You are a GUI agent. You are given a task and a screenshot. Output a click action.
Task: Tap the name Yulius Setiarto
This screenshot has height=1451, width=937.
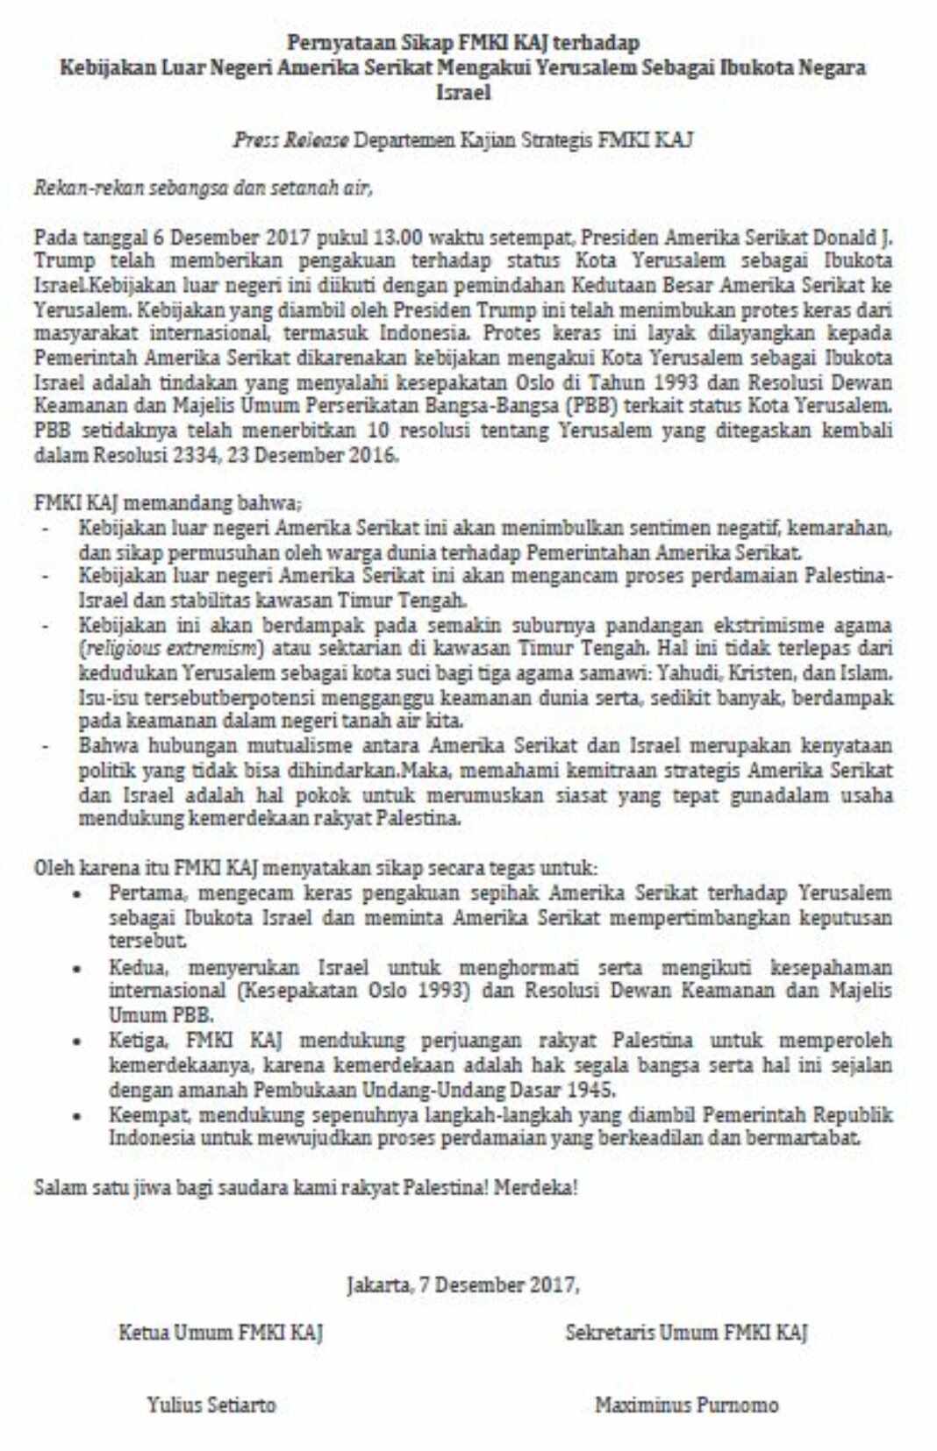tap(211, 1405)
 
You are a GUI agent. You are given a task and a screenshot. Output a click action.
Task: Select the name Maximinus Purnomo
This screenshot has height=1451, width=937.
tap(686, 1405)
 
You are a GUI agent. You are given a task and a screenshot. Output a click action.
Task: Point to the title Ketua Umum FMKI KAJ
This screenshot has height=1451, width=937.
tap(220, 1333)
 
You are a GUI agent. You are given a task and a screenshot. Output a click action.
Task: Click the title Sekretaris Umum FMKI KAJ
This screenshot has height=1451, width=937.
tap(686, 1333)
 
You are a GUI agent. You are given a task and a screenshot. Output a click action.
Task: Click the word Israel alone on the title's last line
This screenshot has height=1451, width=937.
tap(463, 92)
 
